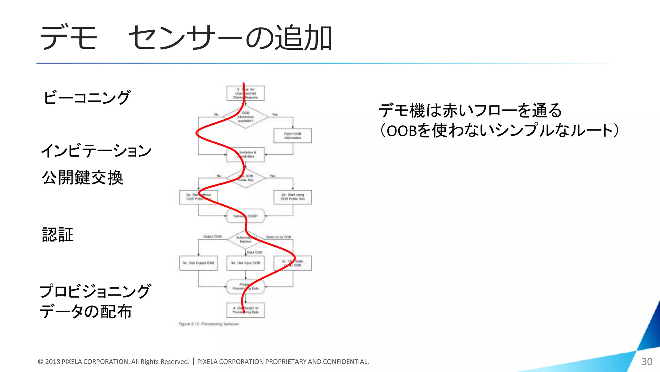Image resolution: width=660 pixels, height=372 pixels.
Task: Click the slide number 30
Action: (x=647, y=362)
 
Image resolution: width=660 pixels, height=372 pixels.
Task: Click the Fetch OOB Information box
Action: (x=293, y=136)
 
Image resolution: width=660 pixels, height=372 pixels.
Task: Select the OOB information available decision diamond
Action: (x=246, y=117)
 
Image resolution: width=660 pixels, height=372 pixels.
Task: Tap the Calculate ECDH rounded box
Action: (x=246, y=216)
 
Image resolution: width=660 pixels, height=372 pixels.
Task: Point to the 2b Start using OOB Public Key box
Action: (x=293, y=197)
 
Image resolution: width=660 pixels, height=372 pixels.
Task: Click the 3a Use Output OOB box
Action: (x=198, y=263)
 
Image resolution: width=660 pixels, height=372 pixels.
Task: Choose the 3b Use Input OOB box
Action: (x=246, y=263)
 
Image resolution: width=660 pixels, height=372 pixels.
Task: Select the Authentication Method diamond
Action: (x=246, y=240)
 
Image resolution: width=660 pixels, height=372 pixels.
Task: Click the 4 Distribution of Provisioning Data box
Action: (x=246, y=310)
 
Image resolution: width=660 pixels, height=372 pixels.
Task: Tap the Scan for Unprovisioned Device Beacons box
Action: (x=246, y=93)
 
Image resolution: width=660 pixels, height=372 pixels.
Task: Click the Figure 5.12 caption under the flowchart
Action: (x=209, y=324)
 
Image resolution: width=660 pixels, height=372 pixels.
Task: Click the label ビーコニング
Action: (x=87, y=97)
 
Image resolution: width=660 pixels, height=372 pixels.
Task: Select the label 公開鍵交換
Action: (x=82, y=178)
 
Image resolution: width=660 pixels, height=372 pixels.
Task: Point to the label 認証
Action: (x=58, y=234)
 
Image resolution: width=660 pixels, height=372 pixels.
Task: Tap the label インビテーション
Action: (x=96, y=150)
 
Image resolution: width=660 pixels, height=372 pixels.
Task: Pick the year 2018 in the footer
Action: (x=53, y=362)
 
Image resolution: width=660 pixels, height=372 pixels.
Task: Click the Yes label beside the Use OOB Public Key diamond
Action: (x=272, y=176)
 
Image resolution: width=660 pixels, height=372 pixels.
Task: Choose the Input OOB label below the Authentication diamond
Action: (x=255, y=252)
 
